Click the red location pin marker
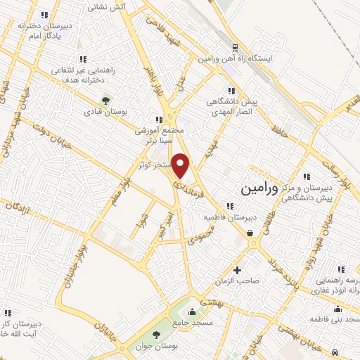click(181, 166)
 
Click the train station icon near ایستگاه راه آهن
click(234, 49)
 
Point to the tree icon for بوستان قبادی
click(106, 101)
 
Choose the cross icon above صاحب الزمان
click(237, 270)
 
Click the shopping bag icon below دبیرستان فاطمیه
click(250, 233)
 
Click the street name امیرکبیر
click(165, 223)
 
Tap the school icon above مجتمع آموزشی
click(160, 119)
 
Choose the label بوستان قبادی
click(104, 112)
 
